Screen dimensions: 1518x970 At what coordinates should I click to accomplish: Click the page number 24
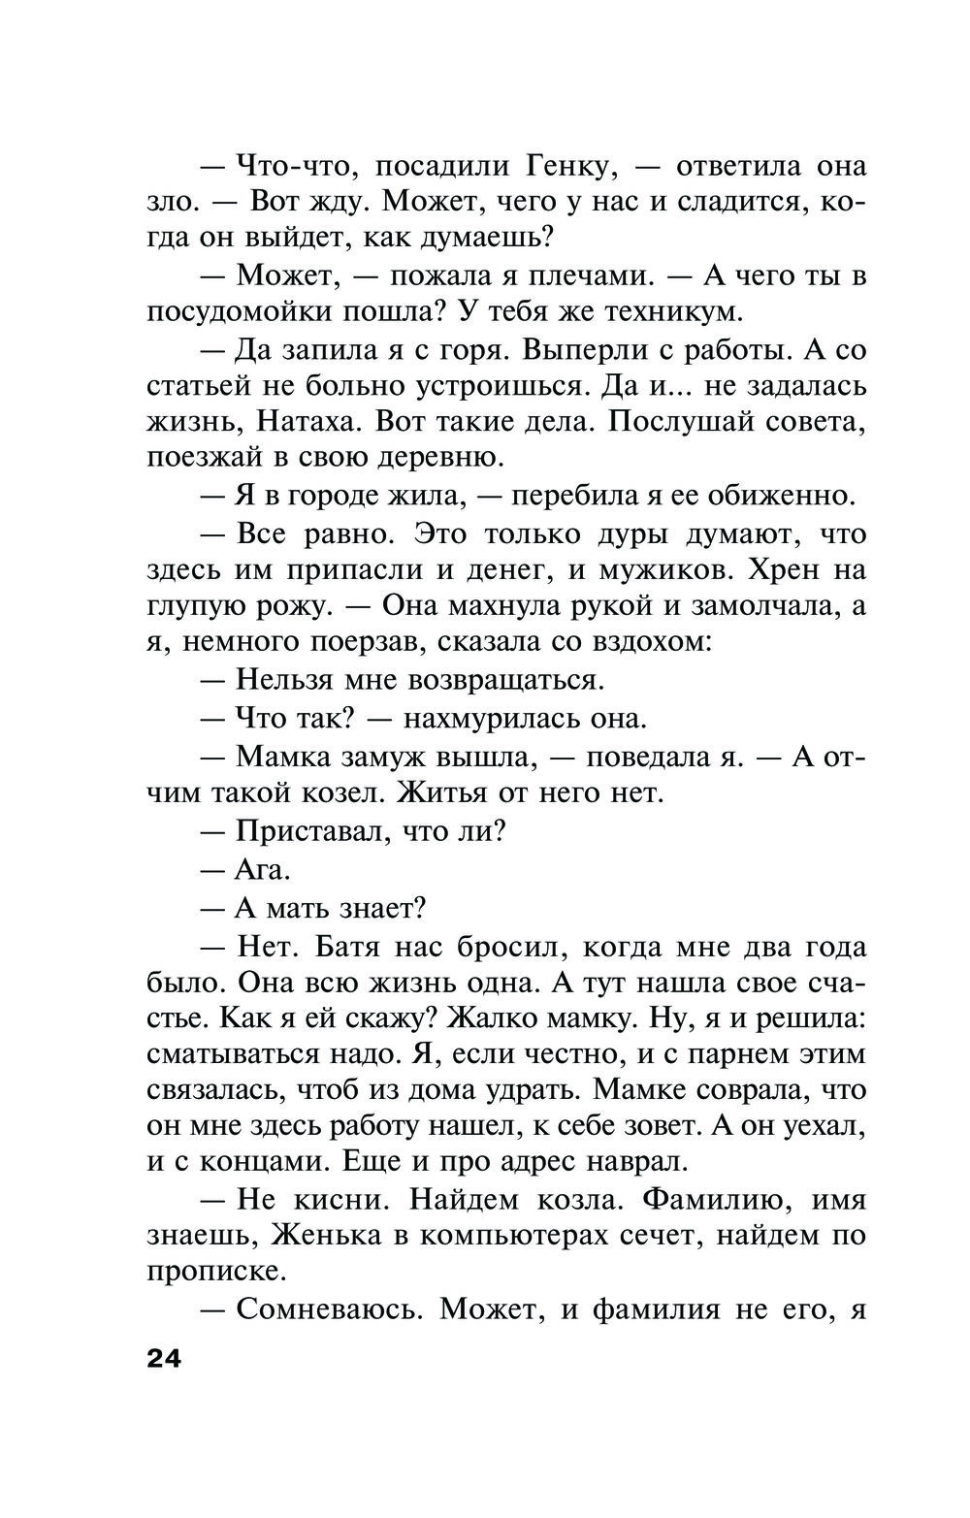point(165,1359)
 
